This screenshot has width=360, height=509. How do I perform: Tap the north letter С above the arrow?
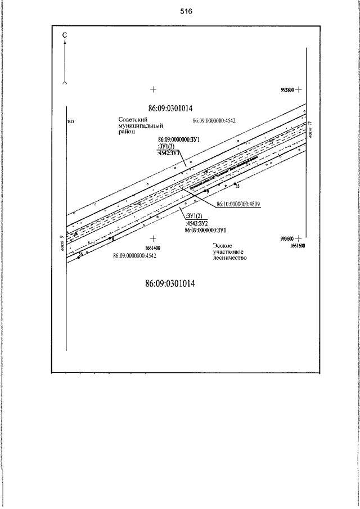click(x=65, y=35)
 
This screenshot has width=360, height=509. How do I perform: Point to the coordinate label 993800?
click(x=287, y=89)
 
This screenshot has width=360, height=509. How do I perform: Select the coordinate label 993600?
click(x=287, y=238)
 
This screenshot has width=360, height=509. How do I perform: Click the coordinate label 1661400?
click(x=152, y=247)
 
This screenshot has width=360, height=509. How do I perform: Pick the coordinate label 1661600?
click(x=298, y=246)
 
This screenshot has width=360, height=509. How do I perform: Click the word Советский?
click(x=133, y=120)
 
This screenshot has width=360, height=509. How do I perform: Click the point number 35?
click(x=237, y=186)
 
